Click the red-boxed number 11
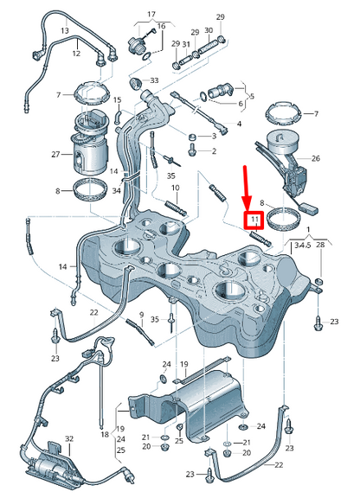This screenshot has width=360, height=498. [x=255, y=220]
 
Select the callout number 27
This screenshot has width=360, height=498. [x=55, y=155]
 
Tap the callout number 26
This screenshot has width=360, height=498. [x=315, y=158]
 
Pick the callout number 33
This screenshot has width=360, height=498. [x=154, y=80]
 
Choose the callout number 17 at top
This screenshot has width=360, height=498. [x=151, y=16]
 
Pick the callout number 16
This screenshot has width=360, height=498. [x=160, y=27]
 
